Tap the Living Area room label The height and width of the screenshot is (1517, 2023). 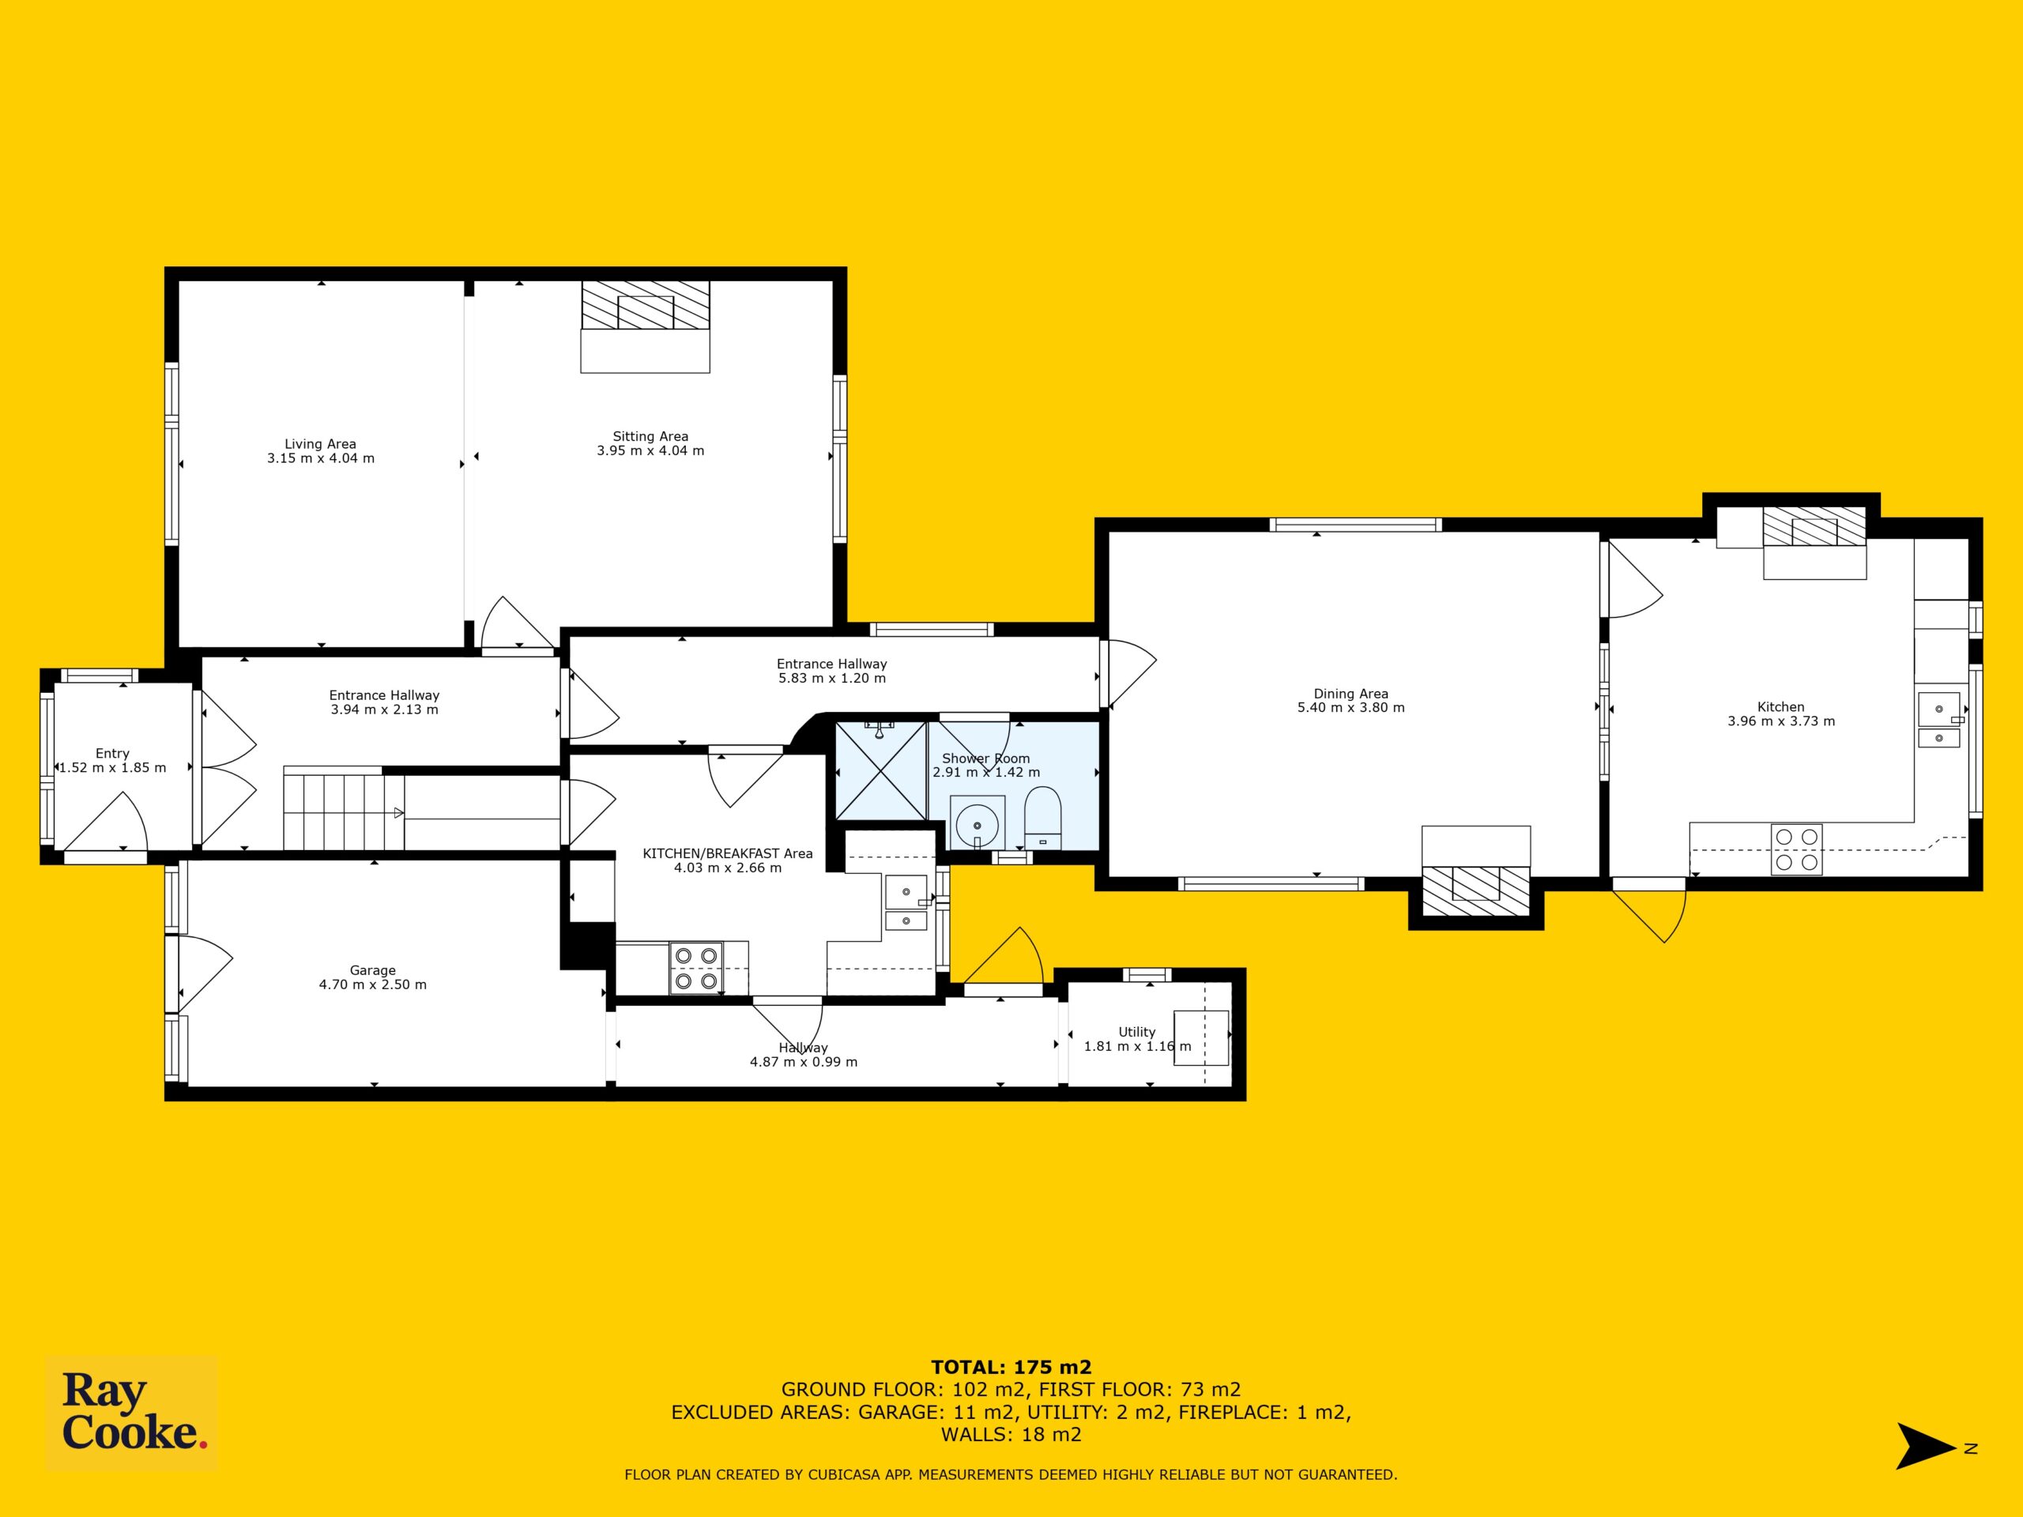320,444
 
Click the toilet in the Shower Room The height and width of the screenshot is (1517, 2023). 1042,819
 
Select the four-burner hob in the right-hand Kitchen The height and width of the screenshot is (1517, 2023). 1796,849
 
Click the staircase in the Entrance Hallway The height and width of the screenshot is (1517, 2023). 344,808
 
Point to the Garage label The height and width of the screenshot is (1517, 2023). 372,970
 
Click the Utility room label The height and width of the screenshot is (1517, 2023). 1137,1031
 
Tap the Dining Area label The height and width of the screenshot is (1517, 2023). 1351,694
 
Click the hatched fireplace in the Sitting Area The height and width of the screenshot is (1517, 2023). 646,306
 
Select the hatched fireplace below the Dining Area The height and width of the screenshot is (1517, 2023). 1476,890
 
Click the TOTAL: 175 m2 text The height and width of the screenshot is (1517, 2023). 1011,1368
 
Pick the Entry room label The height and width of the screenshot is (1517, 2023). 112,754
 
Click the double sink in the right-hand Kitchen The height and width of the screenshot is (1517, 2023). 1939,720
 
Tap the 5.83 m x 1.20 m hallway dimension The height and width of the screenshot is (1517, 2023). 831,679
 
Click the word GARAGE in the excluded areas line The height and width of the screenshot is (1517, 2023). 899,1413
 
